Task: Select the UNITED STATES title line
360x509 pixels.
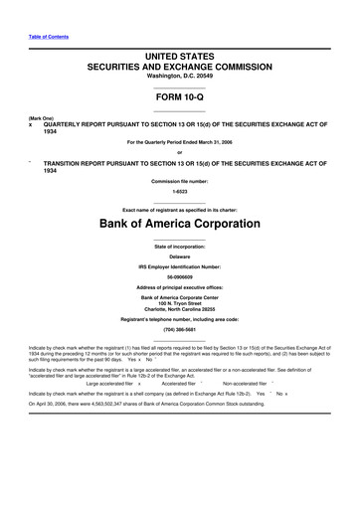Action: coord(179,61)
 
